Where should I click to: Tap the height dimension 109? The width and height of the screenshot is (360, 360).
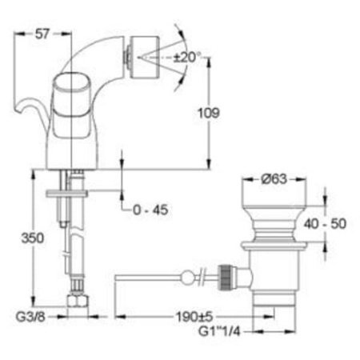click(x=207, y=114)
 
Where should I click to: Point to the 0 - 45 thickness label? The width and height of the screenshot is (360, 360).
click(x=151, y=210)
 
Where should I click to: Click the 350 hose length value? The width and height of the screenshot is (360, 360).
click(x=30, y=238)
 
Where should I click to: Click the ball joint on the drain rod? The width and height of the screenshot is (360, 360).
click(x=189, y=278)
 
